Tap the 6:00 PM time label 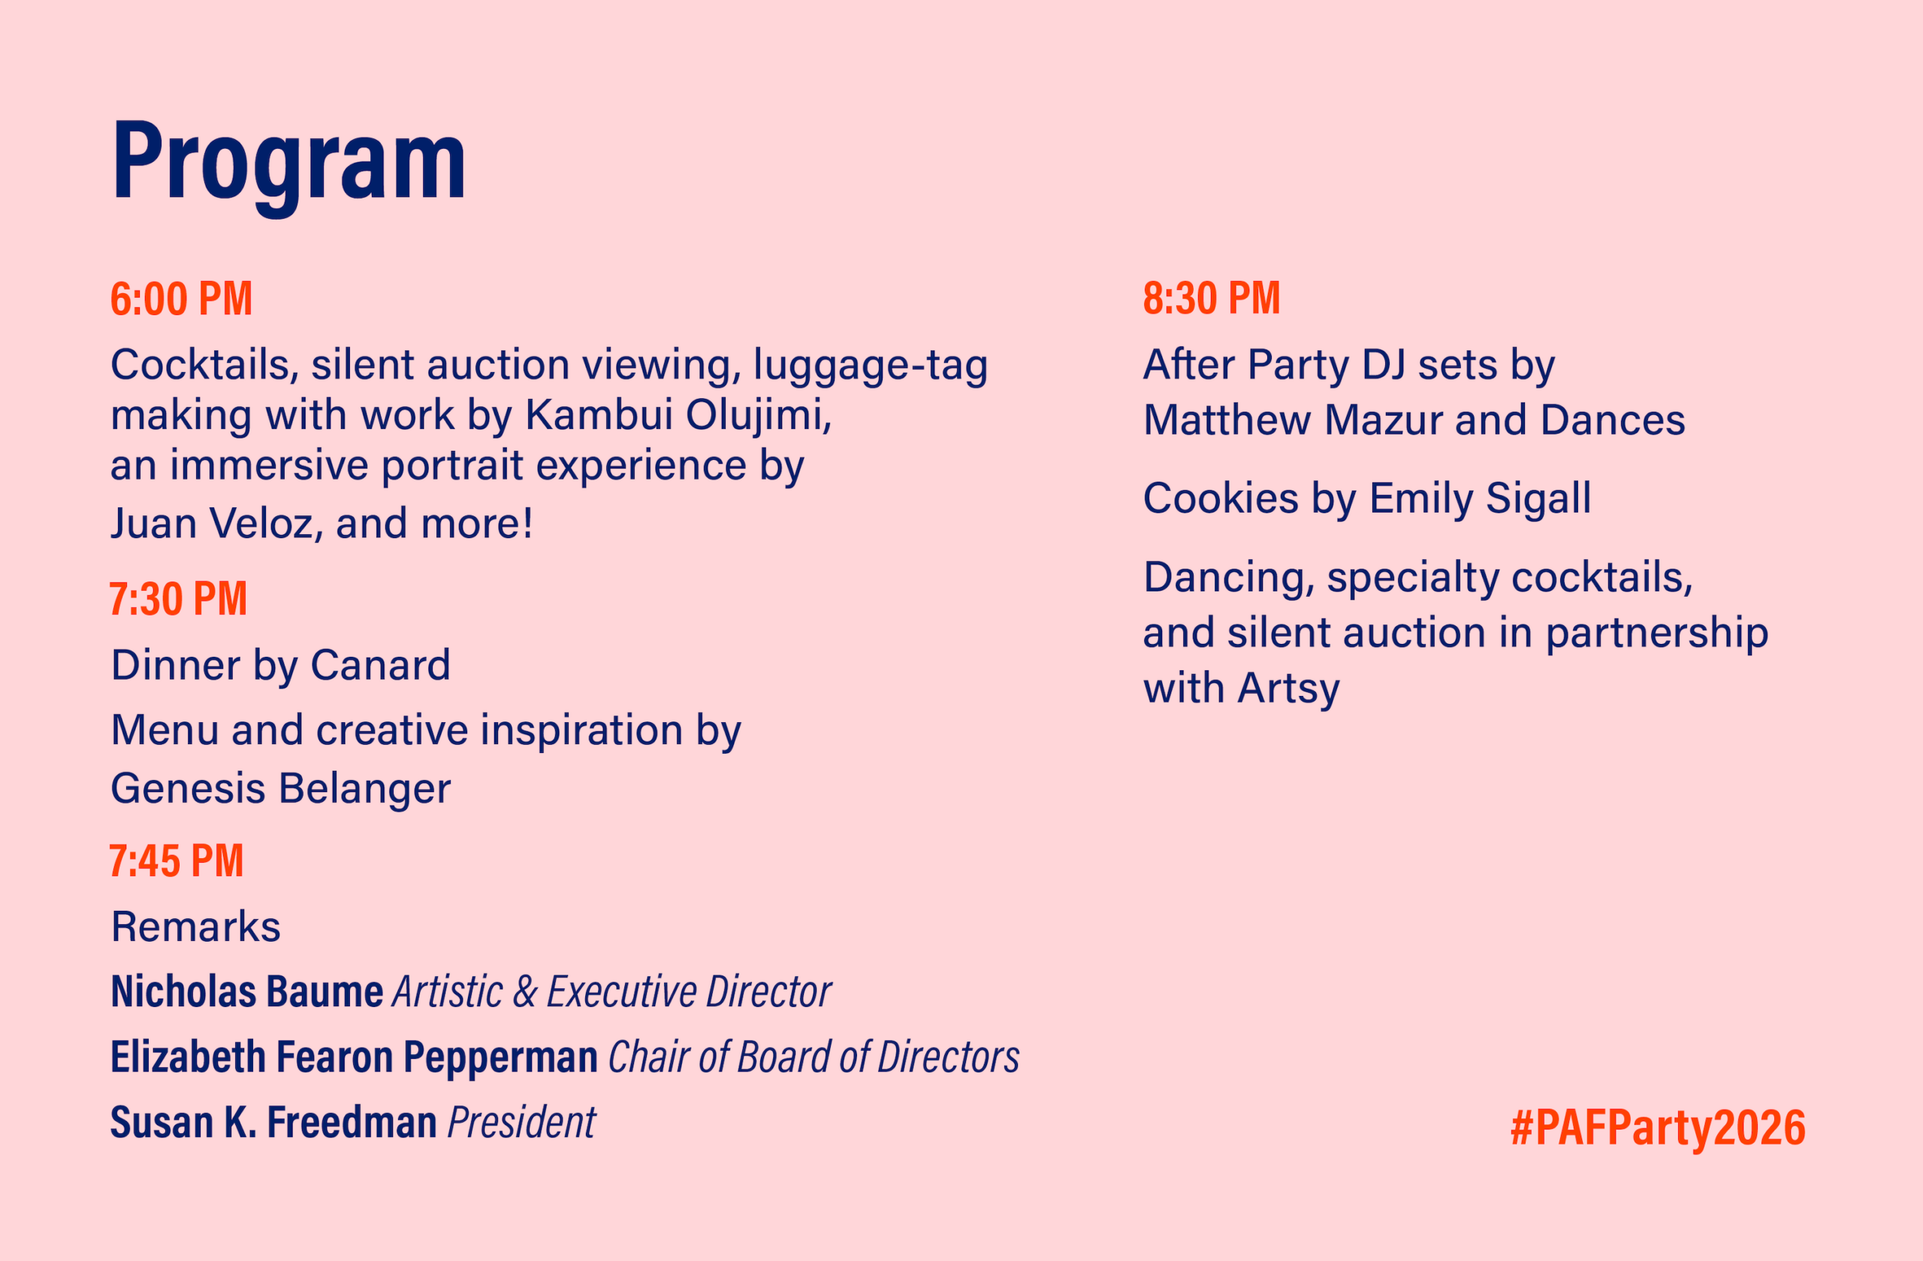click(x=182, y=298)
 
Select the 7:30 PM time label click(x=179, y=599)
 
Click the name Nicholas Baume click(x=247, y=991)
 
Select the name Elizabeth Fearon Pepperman click(x=354, y=1057)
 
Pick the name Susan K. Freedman click(x=274, y=1122)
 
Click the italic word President click(x=522, y=1122)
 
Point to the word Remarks click(x=196, y=927)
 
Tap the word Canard click(x=381, y=665)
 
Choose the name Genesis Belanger click(x=280, y=788)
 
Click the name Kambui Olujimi click(x=679, y=415)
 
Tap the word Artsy click(x=1288, y=688)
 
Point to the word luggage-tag click(x=870, y=365)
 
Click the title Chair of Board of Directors click(x=814, y=1057)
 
